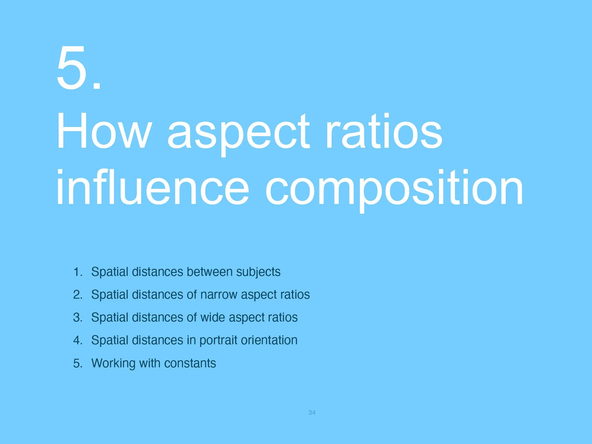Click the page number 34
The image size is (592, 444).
pyautogui.click(x=312, y=413)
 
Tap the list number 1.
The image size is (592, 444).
pyautogui.click(x=78, y=272)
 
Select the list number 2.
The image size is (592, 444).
pyautogui.click(x=78, y=295)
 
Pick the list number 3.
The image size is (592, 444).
pyautogui.click(x=78, y=318)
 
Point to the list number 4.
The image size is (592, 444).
pyautogui.click(x=78, y=340)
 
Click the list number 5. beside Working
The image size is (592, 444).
pyautogui.click(x=78, y=363)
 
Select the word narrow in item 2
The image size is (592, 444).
pyautogui.click(x=219, y=295)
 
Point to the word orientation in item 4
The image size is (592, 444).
pyautogui.click(x=269, y=340)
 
